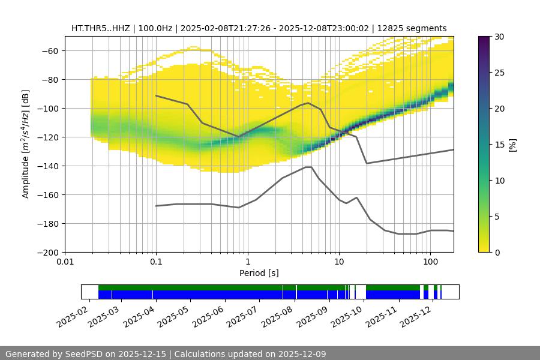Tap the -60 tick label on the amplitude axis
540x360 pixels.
(49, 50)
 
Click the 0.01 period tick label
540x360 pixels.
(65, 262)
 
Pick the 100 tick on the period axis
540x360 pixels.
(430, 262)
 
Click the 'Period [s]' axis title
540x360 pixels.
(259, 274)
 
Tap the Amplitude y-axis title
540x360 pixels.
(25, 144)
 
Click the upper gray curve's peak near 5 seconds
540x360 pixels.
(308, 103)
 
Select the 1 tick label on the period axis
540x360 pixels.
(247, 262)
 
